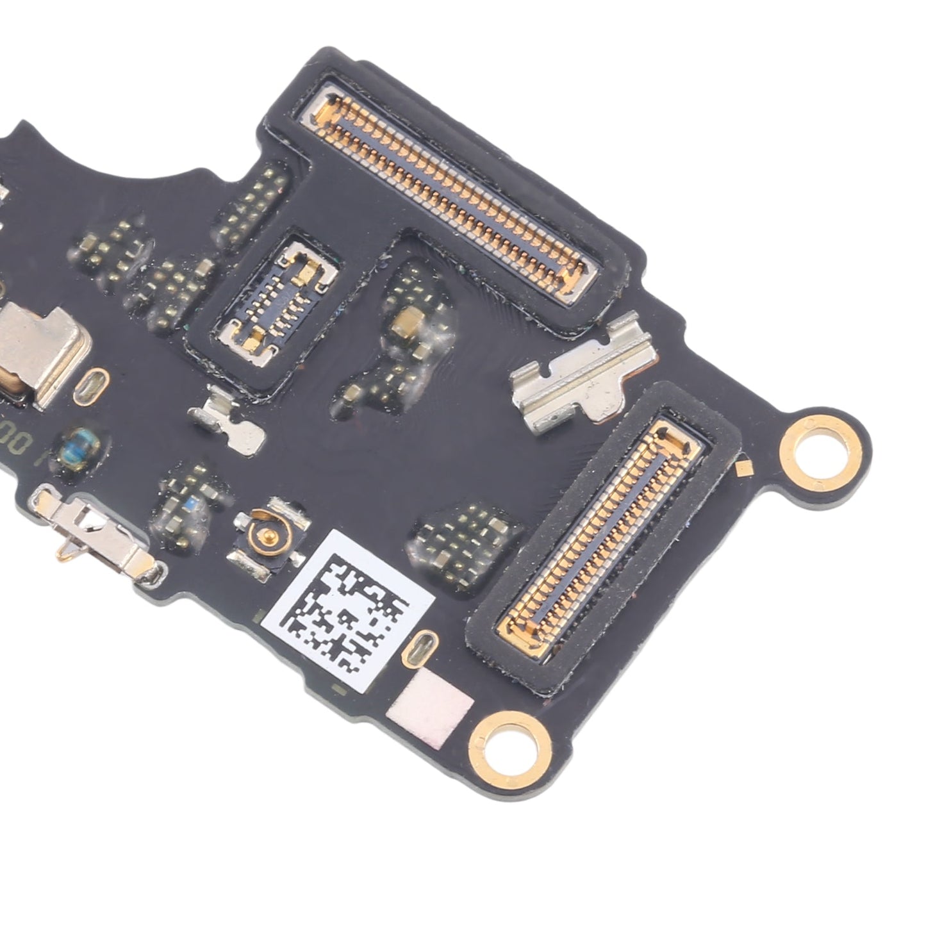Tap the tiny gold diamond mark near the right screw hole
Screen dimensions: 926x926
click(744, 468)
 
